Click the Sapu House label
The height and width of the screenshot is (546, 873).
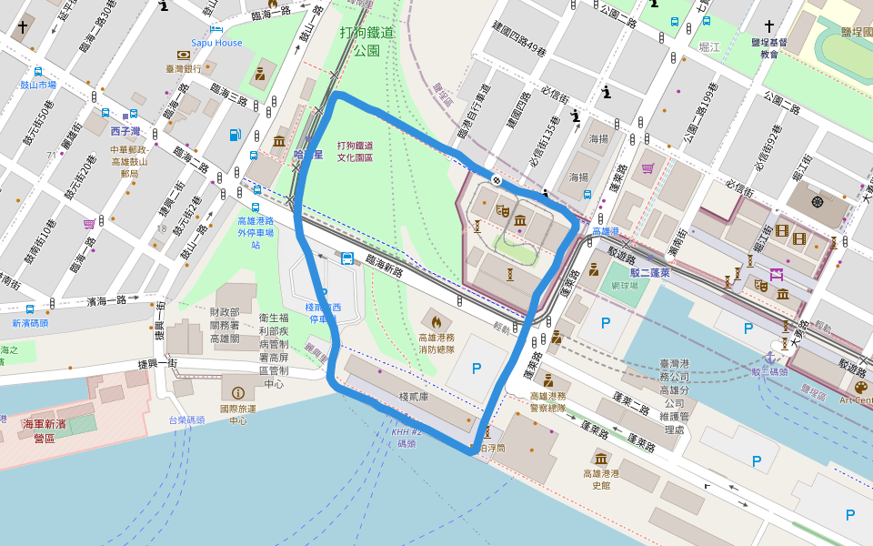[216, 43]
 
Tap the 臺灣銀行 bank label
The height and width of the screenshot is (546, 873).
[183, 68]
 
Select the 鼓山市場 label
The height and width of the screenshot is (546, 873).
[39, 85]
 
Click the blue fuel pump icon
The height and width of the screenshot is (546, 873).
[236, 135]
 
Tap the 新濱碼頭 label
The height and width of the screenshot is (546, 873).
[30, 323]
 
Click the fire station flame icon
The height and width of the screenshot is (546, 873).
[436, 321]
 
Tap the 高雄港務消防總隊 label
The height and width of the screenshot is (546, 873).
[436, 343]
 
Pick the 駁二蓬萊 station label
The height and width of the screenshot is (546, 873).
[650, 272]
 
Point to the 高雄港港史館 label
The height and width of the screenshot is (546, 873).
[600, 479]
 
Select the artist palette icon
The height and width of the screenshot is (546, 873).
[860, 388]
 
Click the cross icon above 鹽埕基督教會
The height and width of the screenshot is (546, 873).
[769, 26]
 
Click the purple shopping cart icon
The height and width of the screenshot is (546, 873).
[89, 224]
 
